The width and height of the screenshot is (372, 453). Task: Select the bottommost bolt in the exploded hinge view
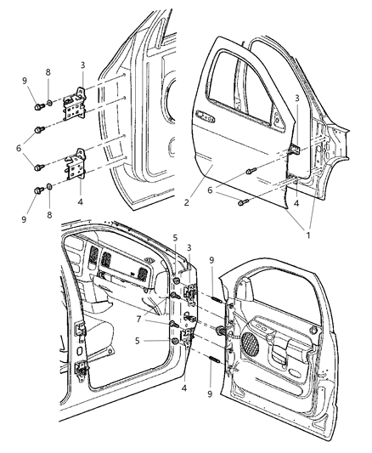37,190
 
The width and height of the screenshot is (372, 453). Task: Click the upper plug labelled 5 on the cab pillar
176,281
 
